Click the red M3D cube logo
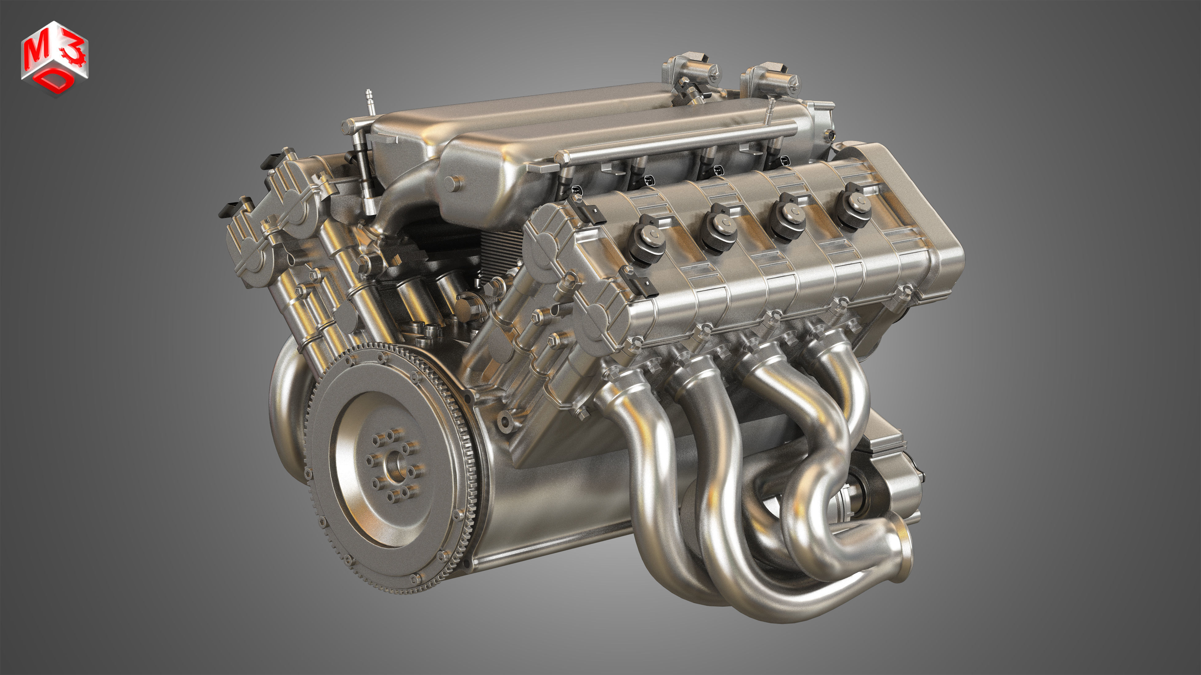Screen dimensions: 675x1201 pyautogui.click(x=54, y=58)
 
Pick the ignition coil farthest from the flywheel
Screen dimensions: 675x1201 pyautogui.click(x=855, y=205)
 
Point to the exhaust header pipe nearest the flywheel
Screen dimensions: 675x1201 pyautogui.click(x=650, y=466)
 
